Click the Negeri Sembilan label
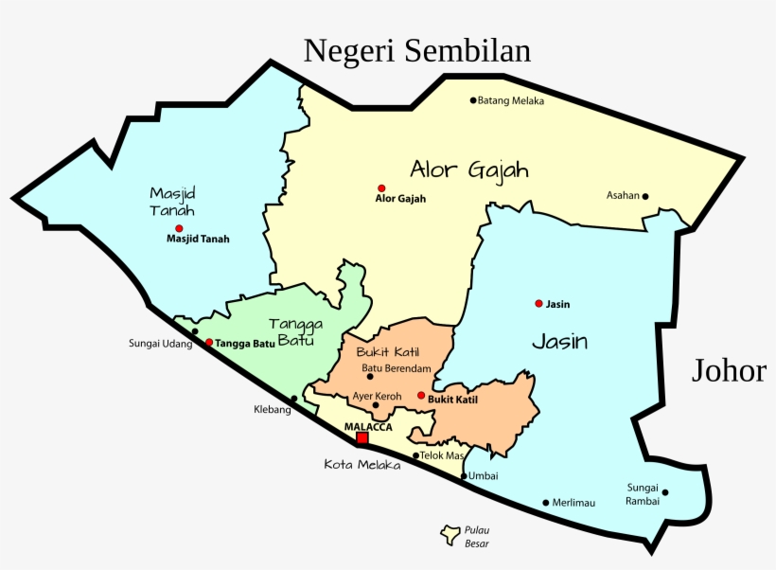pos(417,50)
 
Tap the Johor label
pos(729,370)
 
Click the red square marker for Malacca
pos(362,438)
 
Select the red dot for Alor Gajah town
pos(381,187)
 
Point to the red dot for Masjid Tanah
pos(178,228)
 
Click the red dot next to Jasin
pos(538,303)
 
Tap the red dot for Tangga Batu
pos(209,342)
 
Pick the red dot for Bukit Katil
pos(421,396)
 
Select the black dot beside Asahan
pos(645,197)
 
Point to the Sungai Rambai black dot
pos(665,492)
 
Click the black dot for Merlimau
pos(545,503)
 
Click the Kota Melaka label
pos(362,465)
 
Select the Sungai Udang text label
pos(160,344)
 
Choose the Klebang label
pos(272,410)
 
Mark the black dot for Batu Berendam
pos(370,377)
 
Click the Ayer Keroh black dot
pos(376,405)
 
